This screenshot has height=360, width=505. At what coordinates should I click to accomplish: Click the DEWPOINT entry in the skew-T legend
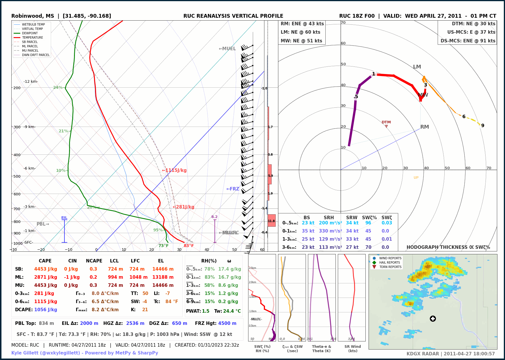pyautogui.click(x=30, y=33)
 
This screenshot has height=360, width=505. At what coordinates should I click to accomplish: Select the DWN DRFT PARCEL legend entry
pyautogui.click(x=35, y=55)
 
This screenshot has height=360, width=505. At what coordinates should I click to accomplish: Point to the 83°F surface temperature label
pyautogui.click(x=189, y=246)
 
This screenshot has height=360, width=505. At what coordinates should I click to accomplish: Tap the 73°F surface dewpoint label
pyautogui.click(x=163, y=246)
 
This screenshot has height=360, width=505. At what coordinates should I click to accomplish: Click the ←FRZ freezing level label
pyautogui.click(x=233, y=189)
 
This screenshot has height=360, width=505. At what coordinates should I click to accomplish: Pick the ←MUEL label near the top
pyautogui.click(x=227, y=49)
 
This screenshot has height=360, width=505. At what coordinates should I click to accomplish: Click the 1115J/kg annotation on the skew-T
pyautogui.click(x=174, y=170)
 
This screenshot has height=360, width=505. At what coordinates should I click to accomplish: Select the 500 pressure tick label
pyautogui.click(x=17, y=176)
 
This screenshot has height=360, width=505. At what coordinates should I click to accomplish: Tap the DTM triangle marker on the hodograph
pyautogui.click(x=386, y=126)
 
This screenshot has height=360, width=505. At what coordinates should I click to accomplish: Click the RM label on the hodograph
pyautogui.click(x=425, y=127)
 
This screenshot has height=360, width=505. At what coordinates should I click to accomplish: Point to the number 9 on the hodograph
pyautogui.click(x=483, y=125)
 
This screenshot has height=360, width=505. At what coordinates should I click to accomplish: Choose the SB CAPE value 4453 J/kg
pyautogui.click(x=46, y=269)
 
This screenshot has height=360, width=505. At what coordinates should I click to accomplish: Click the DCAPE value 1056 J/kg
pyautogui.click(x=46, y=310)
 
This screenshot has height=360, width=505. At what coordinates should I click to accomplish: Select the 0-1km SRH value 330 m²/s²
pyautogui.click(x=330, y=231)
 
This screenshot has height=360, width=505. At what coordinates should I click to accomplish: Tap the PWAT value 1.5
pyautogui.click(x=205, y=311)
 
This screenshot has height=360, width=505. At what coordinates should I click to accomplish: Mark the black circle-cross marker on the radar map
pyautogui.click(x=433, y=319)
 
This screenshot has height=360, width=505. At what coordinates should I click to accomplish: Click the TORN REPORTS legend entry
pyautogui.click(x=390, y=267)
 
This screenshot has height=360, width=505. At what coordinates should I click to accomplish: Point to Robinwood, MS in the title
pyautogui.click(x=33, y=16)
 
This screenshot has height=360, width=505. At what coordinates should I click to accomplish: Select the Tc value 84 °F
pyautogui.click(x=172, y=302)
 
